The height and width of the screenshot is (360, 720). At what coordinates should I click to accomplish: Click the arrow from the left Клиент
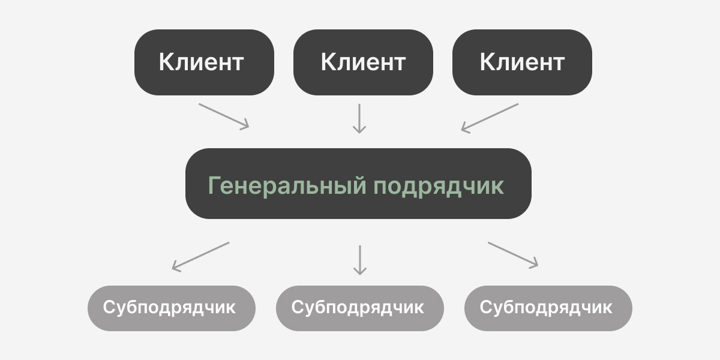click(x=223, y=115)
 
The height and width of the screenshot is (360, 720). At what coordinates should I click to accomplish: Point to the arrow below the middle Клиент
click(x=359, y=118)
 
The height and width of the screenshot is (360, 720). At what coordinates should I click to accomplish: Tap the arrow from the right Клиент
click(x=490, y=117)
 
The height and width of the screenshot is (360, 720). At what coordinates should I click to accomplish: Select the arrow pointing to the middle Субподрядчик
click(x=359, y=260)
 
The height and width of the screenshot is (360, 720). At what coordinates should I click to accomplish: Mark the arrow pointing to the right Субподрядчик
click(x=513, y=254)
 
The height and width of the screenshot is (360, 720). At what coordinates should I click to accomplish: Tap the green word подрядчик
click(x=439, y=186)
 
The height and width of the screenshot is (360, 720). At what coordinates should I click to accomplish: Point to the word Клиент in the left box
click(x=201, y=62)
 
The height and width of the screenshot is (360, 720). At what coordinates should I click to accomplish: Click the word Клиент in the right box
click(x=522, y=62)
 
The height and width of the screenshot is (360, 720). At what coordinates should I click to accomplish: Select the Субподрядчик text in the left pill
click(x=169, y=308)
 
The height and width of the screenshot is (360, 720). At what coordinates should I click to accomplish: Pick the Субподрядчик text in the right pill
click(x=546, y=308)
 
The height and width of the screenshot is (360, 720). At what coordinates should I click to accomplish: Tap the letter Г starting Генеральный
click(x=215, y=185)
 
